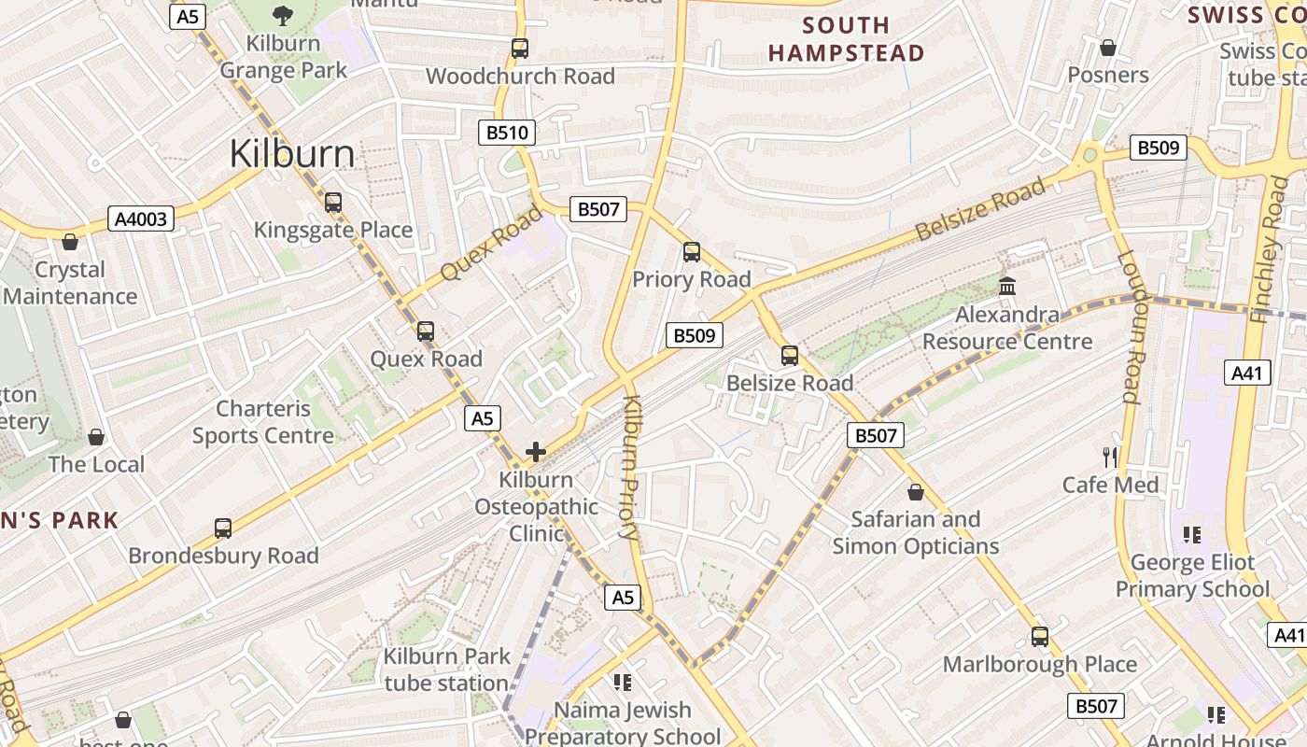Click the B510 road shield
[x=508, y=133]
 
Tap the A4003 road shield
[x=141, y=219]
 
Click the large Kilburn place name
[x=292, y=154]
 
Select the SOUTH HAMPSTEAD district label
[x=846, y=39]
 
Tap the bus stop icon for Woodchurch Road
[x=520, y=48]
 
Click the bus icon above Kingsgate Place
[x=332, y=202]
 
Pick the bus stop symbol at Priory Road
[x=691, y=251]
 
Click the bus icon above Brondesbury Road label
[x=223, y=528]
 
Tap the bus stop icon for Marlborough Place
[x=1040, y=637]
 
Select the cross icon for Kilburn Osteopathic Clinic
[x=536, y=452]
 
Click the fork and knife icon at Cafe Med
[x=1110, y=457]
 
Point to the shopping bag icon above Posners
[x=1108, y=47]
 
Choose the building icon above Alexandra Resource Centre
[x=1007, y=287]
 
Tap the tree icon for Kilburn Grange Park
[x=282, y=15]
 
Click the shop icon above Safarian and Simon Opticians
[x=916, y=491]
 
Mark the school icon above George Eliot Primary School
[x=1192, y=534]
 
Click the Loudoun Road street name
[x=1131, y=326]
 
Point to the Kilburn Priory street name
[x=630, y=468]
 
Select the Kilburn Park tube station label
[x=446, y=669]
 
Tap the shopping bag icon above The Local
[x=96, y=436]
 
